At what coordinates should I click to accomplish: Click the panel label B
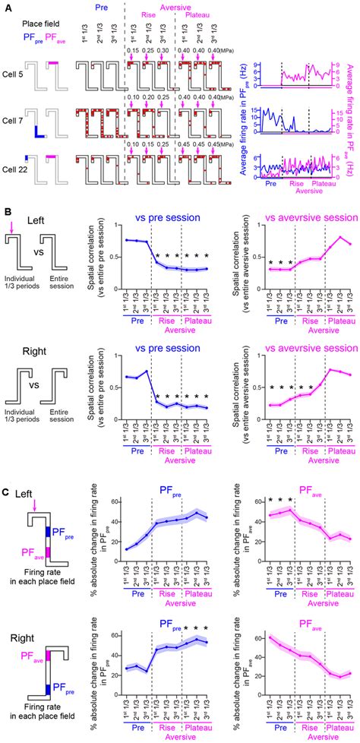5,179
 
